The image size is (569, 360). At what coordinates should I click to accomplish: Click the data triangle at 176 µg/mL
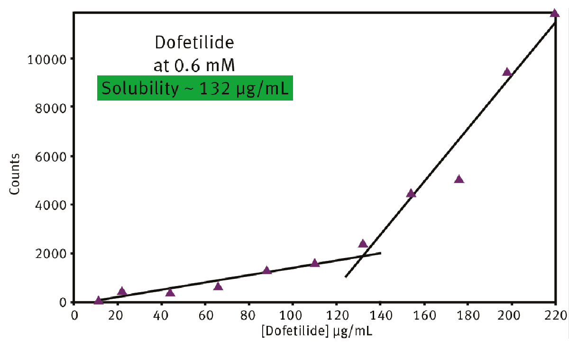click(x=459, y=179)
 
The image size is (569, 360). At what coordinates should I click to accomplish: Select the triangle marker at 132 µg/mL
click(x=363, y=244)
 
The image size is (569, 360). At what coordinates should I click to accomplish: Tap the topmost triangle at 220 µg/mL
click(x=554, y=13)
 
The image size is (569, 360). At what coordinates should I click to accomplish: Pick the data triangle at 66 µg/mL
click(x=218, y=286)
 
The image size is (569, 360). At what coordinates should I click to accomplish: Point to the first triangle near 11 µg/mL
click(x=99, y=300)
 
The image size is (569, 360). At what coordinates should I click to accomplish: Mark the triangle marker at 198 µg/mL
click(x=507, y=72)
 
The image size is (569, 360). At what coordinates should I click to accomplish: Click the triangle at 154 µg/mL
click(x=411, y=194)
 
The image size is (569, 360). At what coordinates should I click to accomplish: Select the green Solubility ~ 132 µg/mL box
click(x=195, y=88)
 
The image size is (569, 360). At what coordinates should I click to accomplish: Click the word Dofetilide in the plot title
click(x=194, y=42)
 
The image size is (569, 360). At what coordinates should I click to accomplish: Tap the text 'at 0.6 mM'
click(x=194, y=65)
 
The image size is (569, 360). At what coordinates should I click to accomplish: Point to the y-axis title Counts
click(x=15, y=174)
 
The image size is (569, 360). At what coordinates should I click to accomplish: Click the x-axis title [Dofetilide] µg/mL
click(x=317, y=331)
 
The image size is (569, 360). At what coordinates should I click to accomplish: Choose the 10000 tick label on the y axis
click(x=47, y=60)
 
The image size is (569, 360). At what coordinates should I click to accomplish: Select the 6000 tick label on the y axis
click(x=51, y=157)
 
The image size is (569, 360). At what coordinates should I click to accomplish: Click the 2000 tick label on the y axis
click(x=51, y=254)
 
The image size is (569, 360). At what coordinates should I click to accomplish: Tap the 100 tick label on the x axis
click(x=291, y=315)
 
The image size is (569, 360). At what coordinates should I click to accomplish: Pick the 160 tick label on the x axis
click(x=424, y=315)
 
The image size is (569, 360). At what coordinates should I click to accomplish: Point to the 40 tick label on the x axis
click(x=161, y=315)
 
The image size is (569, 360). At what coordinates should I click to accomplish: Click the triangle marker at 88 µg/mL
click(x=266, y=270)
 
